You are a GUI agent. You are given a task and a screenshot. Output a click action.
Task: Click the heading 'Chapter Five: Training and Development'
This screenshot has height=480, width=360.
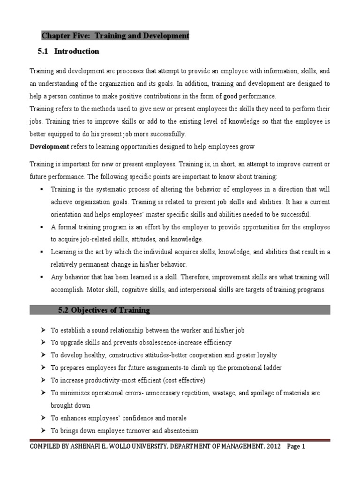click(115, 36)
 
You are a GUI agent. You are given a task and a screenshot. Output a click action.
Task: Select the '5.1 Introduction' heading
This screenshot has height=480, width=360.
click(68, 51)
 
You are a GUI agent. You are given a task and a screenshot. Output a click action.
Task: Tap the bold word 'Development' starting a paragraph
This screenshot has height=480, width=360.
click(49, 147)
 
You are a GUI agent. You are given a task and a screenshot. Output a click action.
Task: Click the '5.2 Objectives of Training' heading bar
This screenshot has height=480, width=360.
click(180, 310)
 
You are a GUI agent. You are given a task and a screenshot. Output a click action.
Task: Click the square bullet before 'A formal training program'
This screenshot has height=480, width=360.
click(42, 227)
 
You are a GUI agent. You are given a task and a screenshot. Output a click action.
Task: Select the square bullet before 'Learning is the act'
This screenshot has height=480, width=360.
click(42, 252)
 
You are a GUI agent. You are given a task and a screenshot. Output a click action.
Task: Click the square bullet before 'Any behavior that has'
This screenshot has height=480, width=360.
click(42, 277)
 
